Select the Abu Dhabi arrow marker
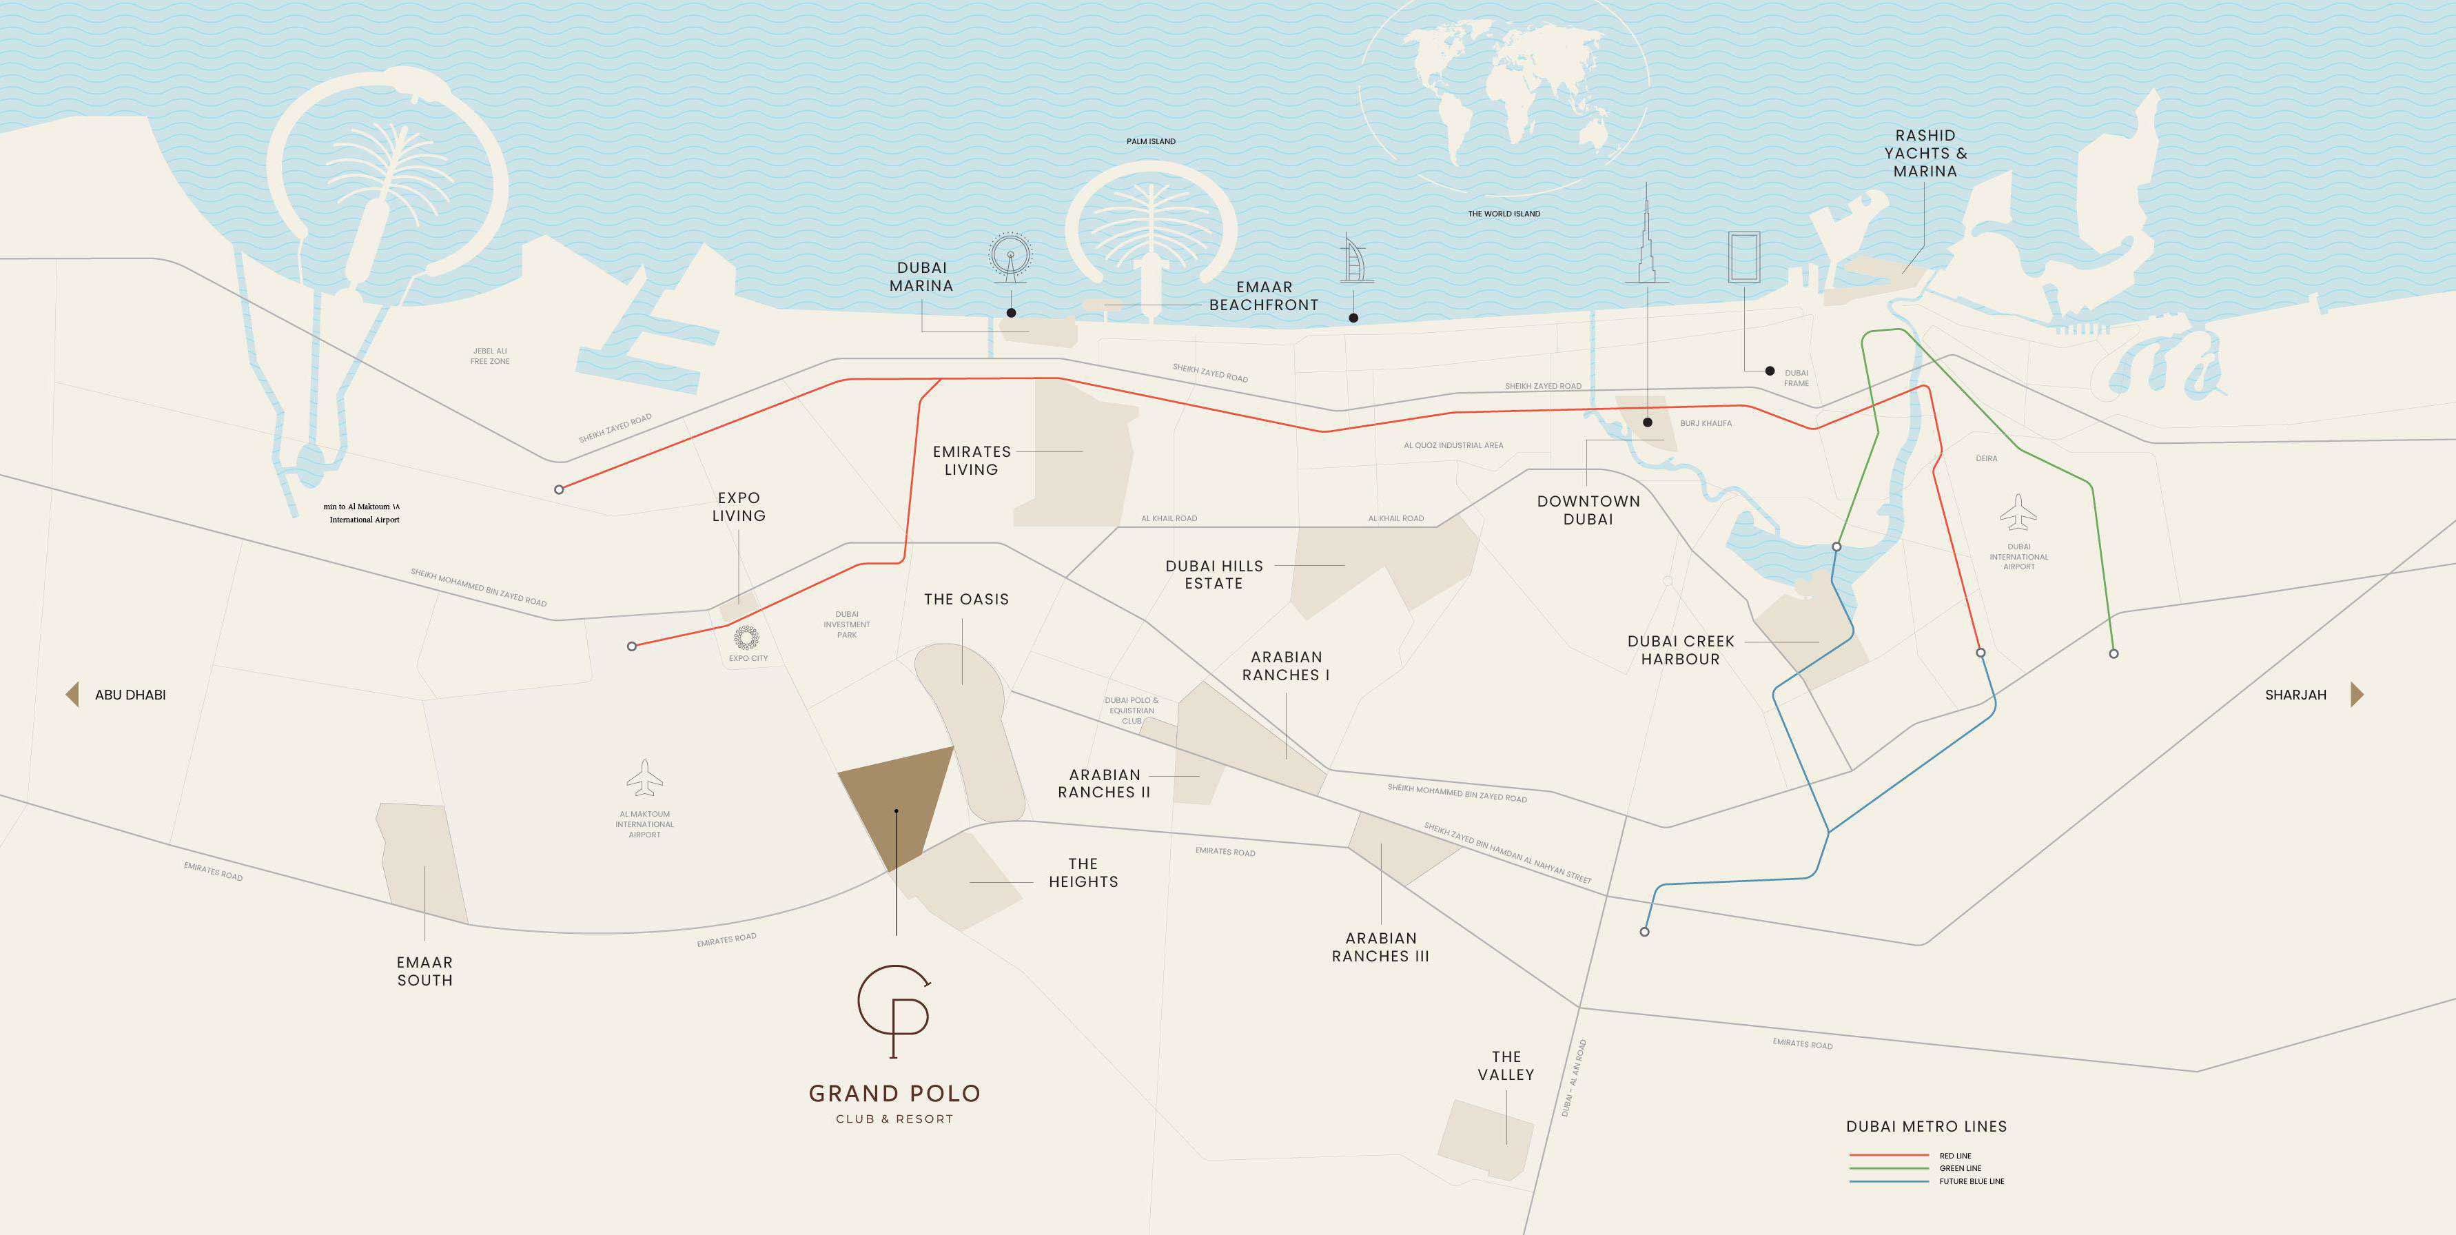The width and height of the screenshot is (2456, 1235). tap(72, 694)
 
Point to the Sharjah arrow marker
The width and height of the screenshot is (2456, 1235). tap(2356, 694)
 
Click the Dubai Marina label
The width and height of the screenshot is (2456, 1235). tap(921, 276)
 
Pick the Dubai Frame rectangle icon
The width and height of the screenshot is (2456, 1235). tap(1743, 256)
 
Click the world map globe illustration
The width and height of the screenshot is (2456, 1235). tap(1504, 100)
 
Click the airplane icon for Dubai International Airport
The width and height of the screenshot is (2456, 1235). tap(2018, 512)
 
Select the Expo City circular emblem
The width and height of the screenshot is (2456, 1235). tap(746, 637)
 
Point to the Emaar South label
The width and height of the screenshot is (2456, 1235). tap(425, 971)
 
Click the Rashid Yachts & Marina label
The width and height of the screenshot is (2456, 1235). tap(1925, 154)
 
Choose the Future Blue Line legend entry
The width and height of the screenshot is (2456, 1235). tap(1971, 1181)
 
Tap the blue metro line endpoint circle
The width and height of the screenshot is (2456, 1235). tap(1645, 931)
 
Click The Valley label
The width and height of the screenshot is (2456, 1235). tap(1506, 1065)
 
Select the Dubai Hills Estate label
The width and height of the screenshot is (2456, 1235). tap(1214, 574)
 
